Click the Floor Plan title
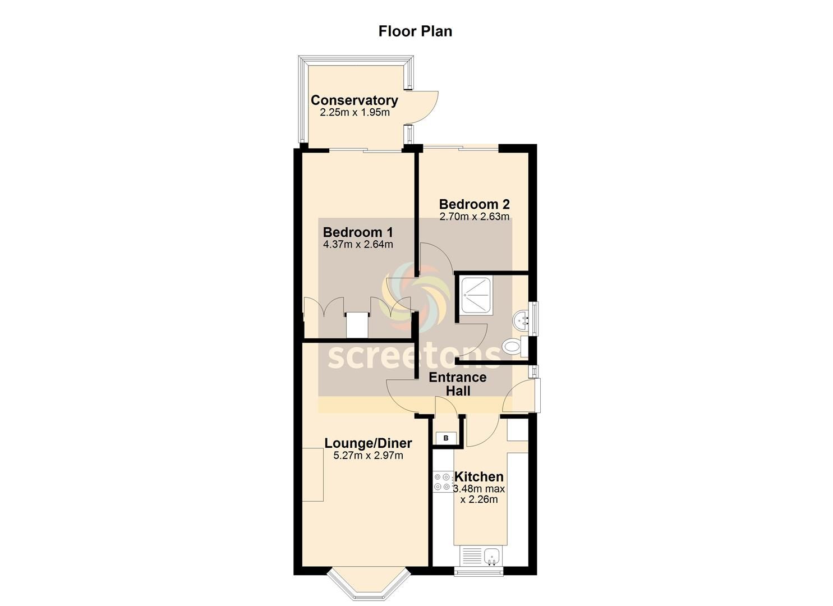[415, 31]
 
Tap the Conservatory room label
[354, 100]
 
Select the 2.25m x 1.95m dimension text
[355, 112]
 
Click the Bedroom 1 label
[358, 232]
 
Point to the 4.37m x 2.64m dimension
[358, 245]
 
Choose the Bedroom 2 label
[474, 204]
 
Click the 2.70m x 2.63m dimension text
[474, 217]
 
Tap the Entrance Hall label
[458, 384]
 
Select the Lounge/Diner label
[368, 443]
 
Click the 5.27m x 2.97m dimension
[368, 455]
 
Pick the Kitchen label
[479, 477]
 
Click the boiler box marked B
[446, 438]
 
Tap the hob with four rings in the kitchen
[443, 482]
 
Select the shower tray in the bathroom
[476, 296]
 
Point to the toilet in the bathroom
[514, 346]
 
